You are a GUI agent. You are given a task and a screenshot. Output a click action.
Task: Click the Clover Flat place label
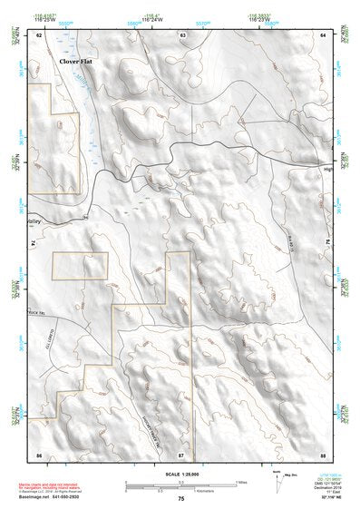[x=77, y=61]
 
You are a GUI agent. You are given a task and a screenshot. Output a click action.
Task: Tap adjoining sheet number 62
[x=39, y=35]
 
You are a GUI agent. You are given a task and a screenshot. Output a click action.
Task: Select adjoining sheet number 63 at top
[x=182, y=35]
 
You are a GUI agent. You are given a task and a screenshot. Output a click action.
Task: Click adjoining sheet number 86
[x=39, y=454]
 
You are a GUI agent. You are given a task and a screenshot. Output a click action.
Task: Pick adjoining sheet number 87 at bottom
[x=181, y=454]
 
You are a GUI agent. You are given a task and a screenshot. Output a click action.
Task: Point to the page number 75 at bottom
[x=180, y=499]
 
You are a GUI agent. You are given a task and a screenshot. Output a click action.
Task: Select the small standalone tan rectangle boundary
[x=80, y=266]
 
